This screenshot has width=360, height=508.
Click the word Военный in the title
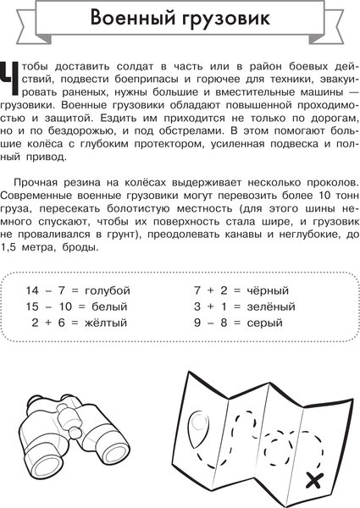coord(135,18)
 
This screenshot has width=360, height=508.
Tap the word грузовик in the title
coord(228,19)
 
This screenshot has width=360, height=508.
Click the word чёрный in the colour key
coord(270,290)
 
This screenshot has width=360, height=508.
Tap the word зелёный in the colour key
coord(272,306)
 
